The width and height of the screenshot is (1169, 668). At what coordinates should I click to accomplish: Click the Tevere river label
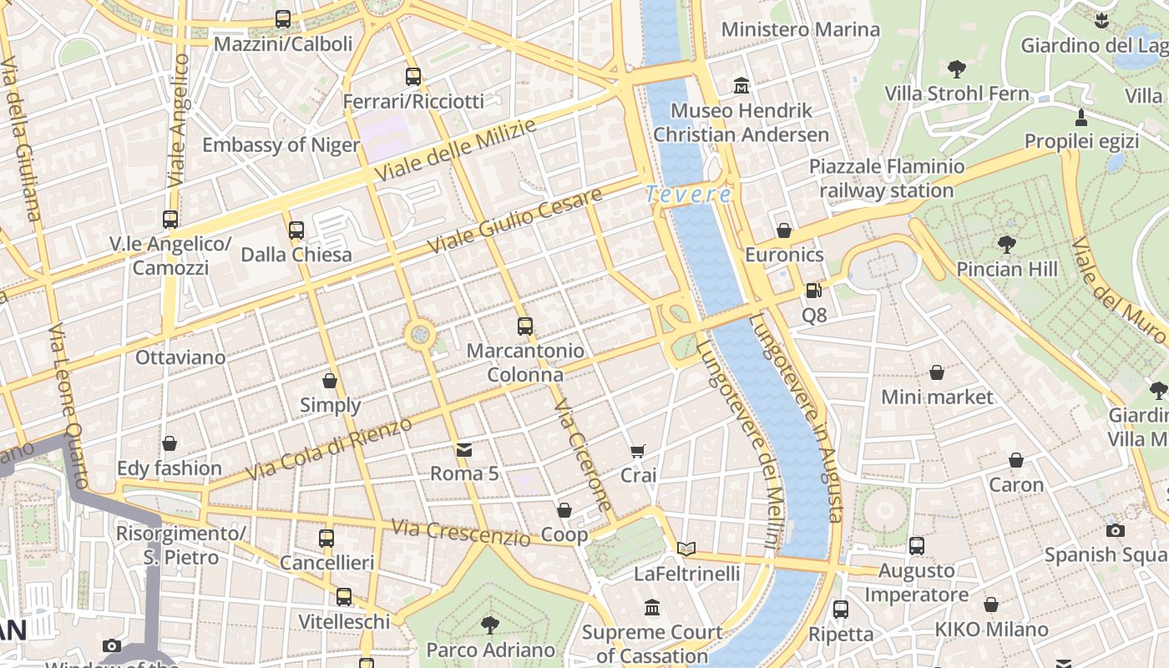[689, 195]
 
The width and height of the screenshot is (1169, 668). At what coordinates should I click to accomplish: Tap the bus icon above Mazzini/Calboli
[283, 19]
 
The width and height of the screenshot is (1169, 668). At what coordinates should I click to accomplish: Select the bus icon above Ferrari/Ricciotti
[413, 77]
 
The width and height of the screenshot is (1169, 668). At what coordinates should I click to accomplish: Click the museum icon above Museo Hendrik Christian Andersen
[741, 85]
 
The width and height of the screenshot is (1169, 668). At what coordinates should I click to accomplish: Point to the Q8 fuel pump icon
[813, 291]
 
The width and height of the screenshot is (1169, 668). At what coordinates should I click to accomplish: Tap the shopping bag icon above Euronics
[784, 230]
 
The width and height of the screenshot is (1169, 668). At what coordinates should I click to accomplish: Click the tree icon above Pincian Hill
[1007, 245]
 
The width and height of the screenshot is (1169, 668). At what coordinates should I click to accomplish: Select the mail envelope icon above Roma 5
[464, 450]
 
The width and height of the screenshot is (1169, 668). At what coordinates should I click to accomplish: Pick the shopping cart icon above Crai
[638, 452]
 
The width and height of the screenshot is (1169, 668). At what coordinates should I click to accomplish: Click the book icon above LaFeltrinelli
[686, 549]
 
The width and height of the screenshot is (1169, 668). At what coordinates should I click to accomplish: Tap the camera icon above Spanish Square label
[1115, 530]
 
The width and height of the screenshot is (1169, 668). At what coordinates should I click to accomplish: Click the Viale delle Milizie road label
[455, 151]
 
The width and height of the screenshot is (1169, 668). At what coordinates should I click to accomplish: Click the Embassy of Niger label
[281, 144]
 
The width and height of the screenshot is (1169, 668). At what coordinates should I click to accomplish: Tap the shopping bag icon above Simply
[330, 382]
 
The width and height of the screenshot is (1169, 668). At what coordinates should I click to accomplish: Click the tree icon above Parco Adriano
[490, 625]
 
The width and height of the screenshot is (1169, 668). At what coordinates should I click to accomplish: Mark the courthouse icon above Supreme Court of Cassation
[652, 607]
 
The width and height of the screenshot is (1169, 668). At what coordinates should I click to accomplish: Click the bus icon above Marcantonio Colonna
[525, 326]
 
